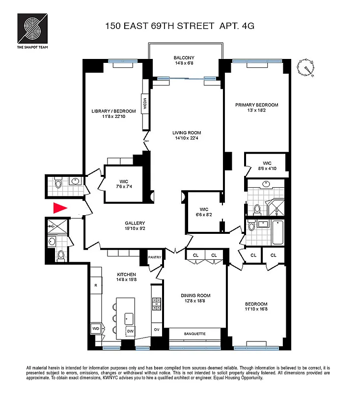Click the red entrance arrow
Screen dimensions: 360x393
(x=60, y=208)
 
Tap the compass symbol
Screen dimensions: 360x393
(x=305, y=68)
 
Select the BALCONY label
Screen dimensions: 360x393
(x=184, y=57)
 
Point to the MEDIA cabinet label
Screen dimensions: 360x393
(x=145, y=103)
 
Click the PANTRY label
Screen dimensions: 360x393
(x=155, y=257)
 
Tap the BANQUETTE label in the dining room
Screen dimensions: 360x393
(x=194, y=334)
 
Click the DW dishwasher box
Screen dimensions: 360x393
(x=130, y=331)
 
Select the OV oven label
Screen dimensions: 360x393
(x=157, y=330)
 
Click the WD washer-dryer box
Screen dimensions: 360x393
(x=96, y=328)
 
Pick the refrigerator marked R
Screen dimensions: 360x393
(x=96, y=285)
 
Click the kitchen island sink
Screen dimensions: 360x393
(x=129, y=319)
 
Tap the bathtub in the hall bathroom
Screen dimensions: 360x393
(x=278, y=232)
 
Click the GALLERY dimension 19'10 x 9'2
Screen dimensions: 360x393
(x=135, y=228)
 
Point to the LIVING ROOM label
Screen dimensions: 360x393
(x=187, y=133)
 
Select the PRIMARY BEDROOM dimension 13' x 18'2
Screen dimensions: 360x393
(x=256, y=110)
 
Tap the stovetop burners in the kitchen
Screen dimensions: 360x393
(x=157, y=304)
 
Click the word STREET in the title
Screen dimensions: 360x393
(x=195, y=26)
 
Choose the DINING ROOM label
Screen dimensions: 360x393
(x=195, y=296)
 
